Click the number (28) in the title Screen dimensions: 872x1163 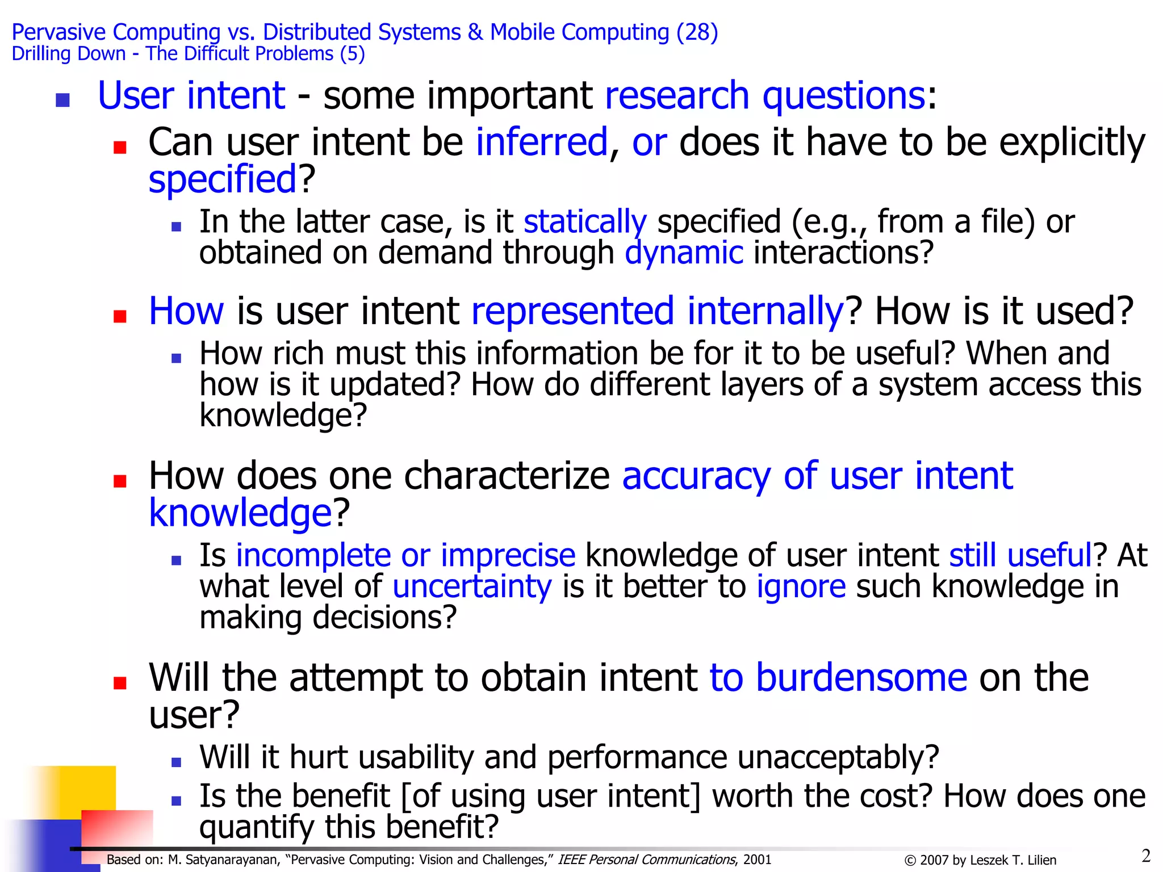click(697, 32)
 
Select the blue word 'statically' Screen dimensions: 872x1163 click(585, 221)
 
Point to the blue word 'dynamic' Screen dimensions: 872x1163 click(684, 253)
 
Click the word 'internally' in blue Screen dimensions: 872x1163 click(765, 311)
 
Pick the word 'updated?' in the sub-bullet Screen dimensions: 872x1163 click(395, 385)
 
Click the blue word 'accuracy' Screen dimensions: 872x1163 click(696, 476)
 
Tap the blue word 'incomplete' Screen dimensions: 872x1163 click(313, 555)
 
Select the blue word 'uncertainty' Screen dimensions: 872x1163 click(472, 586)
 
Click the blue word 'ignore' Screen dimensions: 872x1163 click(801, 586)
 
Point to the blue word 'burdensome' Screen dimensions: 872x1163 click(861, 678)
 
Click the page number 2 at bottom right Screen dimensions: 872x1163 click(1146, 856)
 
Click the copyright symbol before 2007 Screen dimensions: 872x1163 click(910, 861)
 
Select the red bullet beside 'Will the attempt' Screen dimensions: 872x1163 click(120, 682)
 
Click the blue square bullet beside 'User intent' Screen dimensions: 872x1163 click(63, 100)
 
